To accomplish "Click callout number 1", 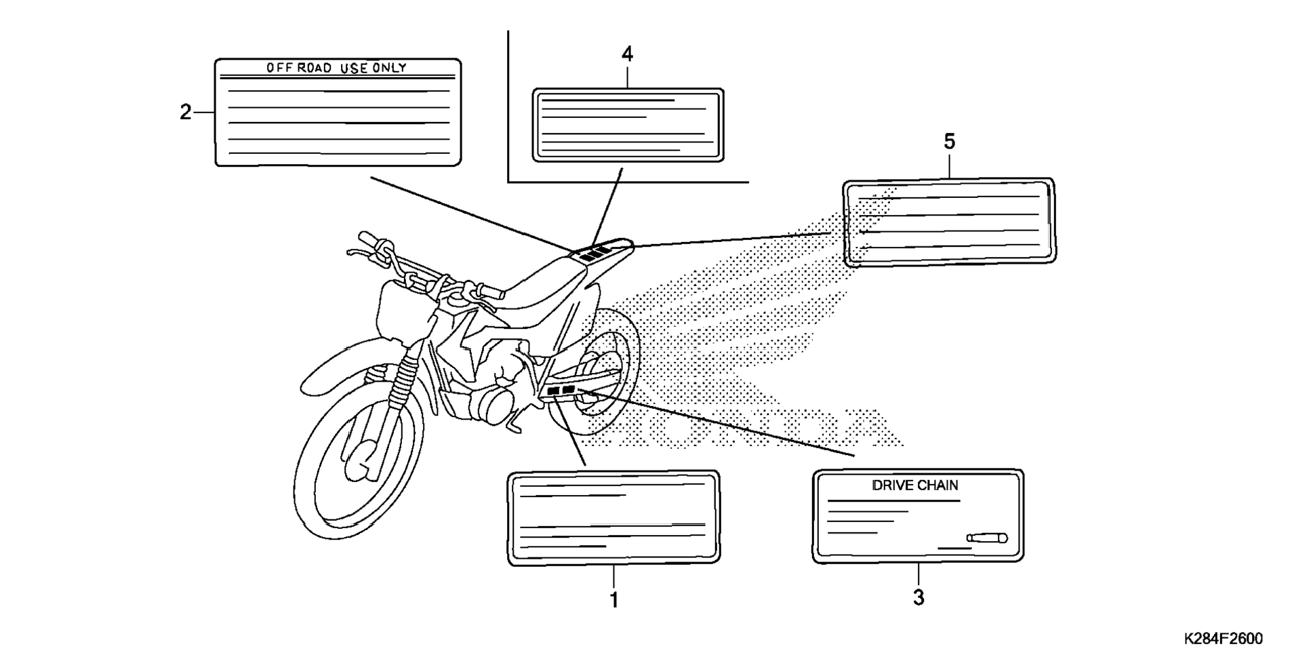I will [613, 599].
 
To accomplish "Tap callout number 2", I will [185, 112].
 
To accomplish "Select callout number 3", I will [918, 597].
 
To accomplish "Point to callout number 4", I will [627, 54].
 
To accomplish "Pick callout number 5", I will [949, 142].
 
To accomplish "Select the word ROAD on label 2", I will [315, 68].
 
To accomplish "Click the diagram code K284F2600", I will [1223, 639].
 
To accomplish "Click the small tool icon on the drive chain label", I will [987, 538].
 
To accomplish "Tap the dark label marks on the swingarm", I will [561, 391].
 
